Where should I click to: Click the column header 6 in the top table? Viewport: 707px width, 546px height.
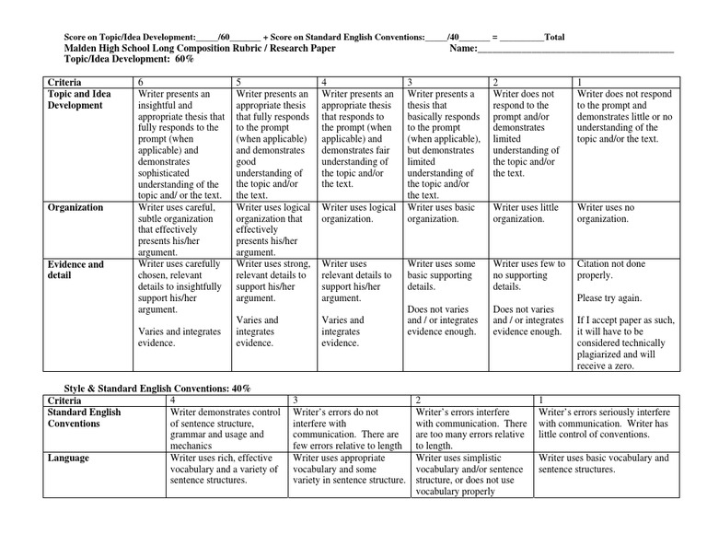[x=141, y=82]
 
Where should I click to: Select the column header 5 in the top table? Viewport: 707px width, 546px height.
[x=239, y=82]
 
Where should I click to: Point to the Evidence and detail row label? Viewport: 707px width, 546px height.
[x=75, y=270]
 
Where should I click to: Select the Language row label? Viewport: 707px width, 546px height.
[x=68, y=457]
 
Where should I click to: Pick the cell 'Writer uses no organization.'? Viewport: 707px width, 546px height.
[x=606, y=214]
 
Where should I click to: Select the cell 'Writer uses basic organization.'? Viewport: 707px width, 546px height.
[x=441, y=214]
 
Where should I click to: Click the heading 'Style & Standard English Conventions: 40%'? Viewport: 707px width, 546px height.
[x=156, y=389]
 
